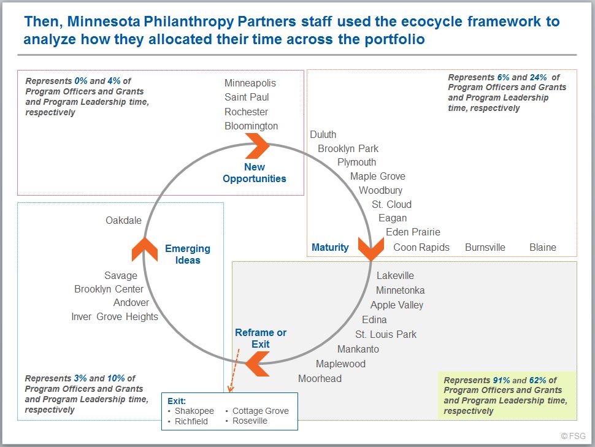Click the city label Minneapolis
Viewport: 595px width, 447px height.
(250, 83)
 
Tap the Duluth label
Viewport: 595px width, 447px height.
(323, 134)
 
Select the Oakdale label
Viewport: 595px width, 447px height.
(123, 220)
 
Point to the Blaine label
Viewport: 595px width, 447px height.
(543, 247)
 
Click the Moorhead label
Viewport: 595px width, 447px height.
(320, 378)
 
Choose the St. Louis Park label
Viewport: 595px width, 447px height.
(386, 334)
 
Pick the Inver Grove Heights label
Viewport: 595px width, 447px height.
(115, 316)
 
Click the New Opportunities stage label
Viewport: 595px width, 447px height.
(254, 173)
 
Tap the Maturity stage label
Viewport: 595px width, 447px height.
(330, 247)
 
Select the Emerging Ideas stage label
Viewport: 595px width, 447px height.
(188, 254)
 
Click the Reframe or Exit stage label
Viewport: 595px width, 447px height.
(261, 338)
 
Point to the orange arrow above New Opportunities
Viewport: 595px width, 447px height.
(257, 146)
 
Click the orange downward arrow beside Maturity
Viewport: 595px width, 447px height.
(371, 248)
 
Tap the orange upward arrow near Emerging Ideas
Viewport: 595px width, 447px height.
(145, 250)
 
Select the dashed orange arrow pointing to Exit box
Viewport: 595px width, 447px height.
(233, 370)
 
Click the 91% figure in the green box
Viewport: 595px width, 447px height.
(501, 380)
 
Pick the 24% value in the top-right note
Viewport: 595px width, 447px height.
(538, 77)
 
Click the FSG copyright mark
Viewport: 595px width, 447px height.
(573, 436)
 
